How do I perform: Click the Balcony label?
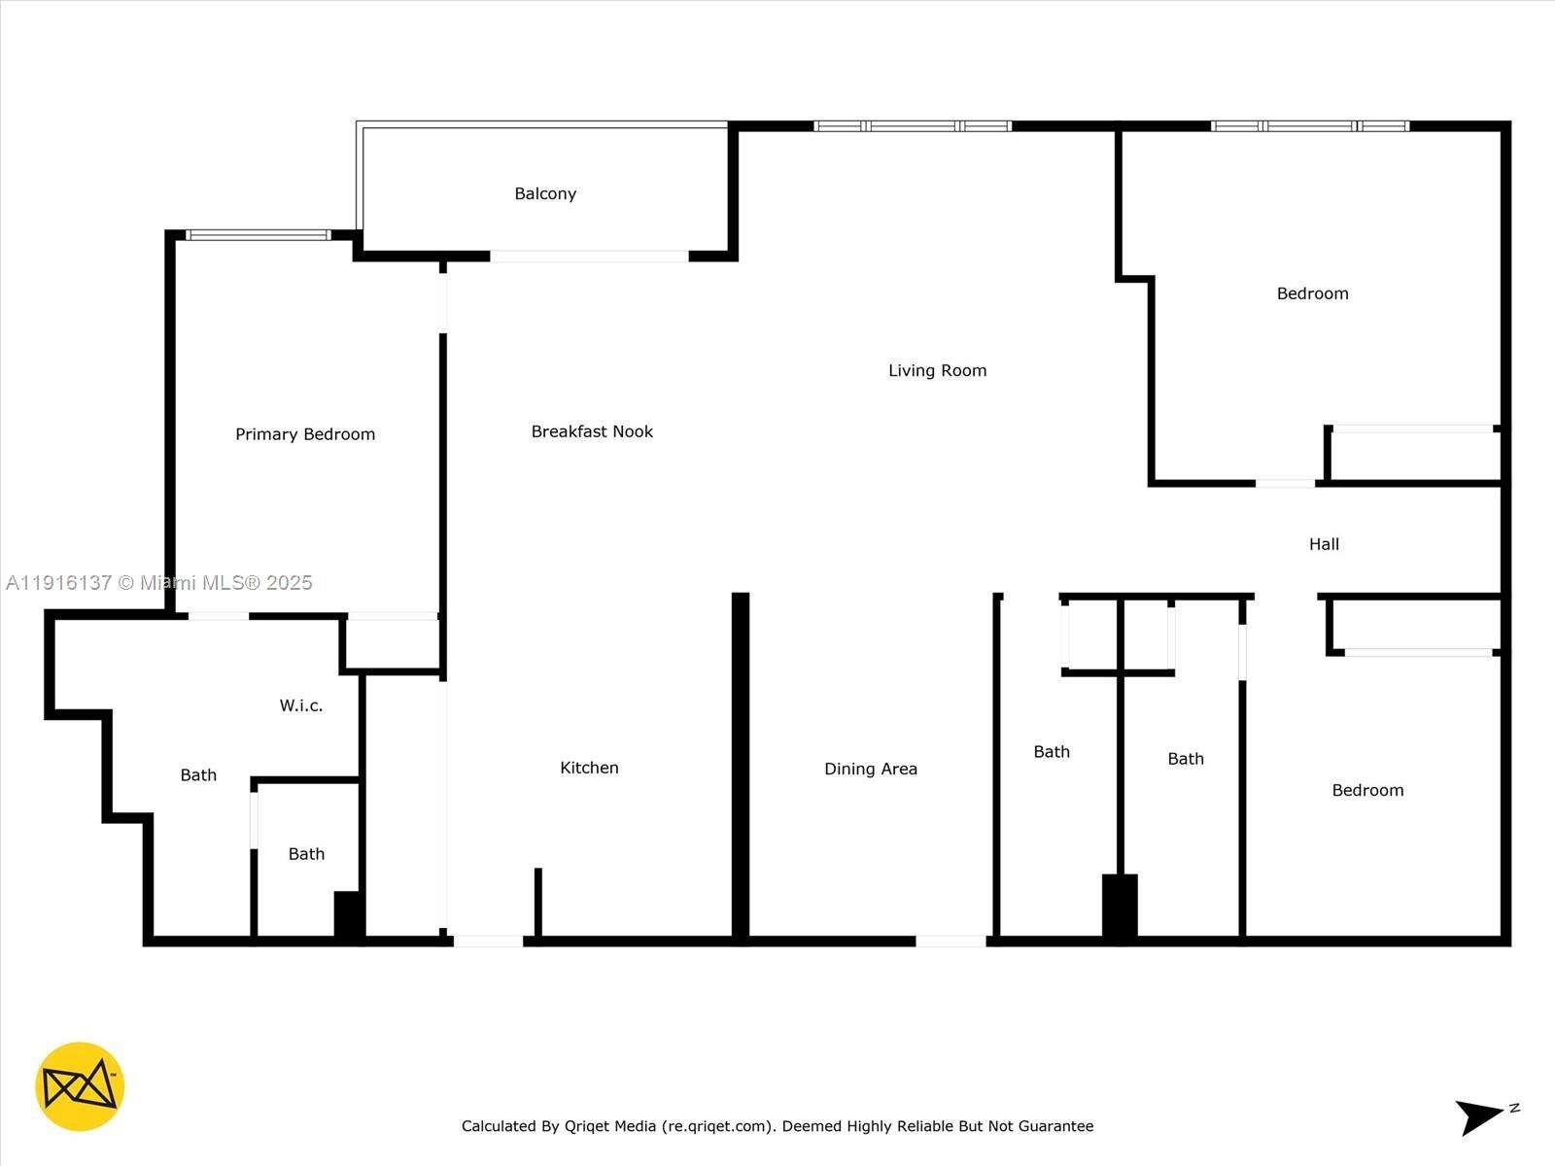545,193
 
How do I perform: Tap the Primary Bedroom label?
305,434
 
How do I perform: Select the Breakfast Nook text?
592,431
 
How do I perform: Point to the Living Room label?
937,370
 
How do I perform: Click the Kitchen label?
589,768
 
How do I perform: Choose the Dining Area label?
870,769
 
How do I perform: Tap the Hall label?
1324,544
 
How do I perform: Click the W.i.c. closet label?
301,705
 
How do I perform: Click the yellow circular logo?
80,1086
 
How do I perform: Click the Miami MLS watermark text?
159,583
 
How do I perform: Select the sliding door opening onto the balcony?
590,257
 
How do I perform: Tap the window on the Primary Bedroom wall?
259,235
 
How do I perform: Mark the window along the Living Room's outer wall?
913,126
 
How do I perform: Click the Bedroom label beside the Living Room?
1312,293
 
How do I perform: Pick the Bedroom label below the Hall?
1367,790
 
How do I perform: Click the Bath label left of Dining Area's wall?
1052,752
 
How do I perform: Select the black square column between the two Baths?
1120,906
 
